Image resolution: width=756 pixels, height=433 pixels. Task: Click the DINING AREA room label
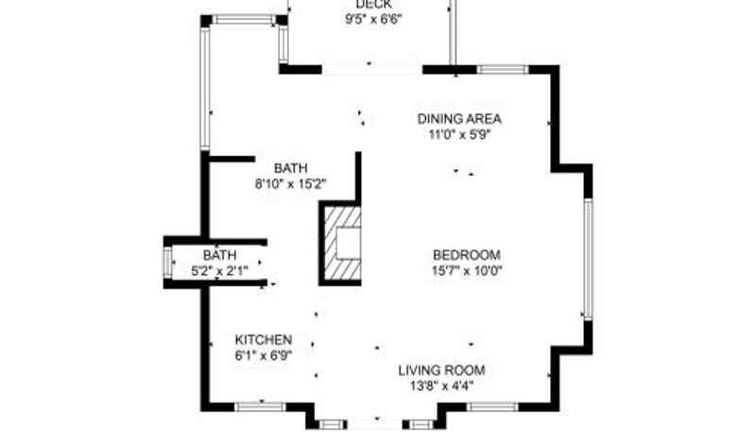[x=459, y=118]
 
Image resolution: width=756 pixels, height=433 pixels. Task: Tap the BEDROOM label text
[x=467, y=254]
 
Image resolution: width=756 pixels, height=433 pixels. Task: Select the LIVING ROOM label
[x=441, y=371]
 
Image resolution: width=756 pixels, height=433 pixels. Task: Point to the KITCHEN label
[x=264, y=339]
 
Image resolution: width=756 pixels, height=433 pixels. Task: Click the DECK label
[x=373, y=5]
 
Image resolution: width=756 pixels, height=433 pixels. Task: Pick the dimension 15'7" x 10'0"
[x=467, y=270]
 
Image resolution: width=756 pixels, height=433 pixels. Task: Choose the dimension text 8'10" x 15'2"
[x=291, y=183]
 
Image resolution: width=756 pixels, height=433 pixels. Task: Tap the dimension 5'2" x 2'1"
[x=219, y=271]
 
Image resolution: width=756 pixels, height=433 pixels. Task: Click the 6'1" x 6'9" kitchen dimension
[x=264, y=355]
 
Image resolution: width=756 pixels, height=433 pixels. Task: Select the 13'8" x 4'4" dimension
[x=441, y=386]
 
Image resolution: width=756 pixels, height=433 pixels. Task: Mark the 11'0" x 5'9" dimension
[x=459, y=134]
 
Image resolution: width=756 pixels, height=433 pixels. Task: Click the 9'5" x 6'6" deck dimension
[x=373, y=20]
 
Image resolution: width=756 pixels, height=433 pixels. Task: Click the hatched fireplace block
[x=340, y=243]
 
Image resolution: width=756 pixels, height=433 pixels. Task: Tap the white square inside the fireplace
[x=348, y=243]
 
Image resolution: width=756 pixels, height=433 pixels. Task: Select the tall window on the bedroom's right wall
[x=588, y=259]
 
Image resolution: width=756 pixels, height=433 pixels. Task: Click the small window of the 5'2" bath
[x=167, y=263]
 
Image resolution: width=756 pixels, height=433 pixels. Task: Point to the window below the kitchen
[x=261, y=407]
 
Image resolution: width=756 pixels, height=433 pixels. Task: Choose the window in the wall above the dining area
[x=503, y=69]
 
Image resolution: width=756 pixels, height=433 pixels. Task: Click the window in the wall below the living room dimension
[x=492, y=407]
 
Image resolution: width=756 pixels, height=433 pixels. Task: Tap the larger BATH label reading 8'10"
[x=291, y=168]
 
